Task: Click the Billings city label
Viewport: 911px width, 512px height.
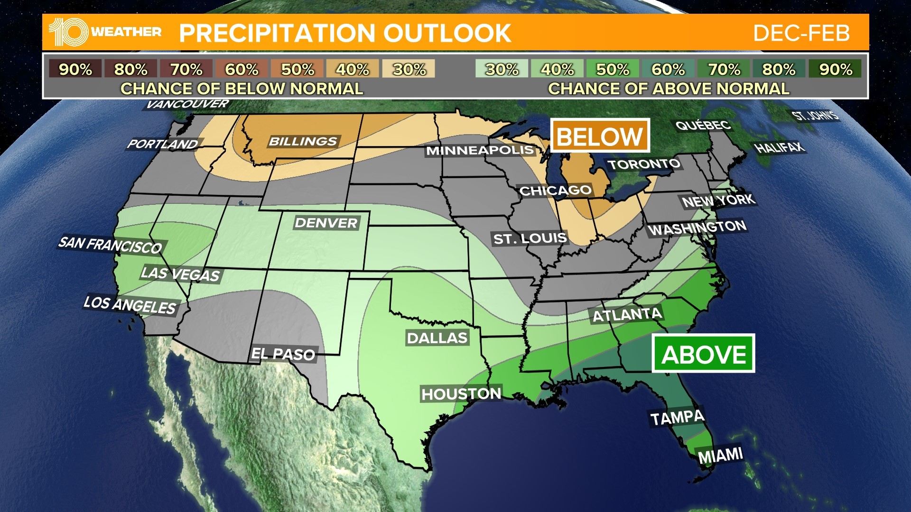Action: pos(303,141)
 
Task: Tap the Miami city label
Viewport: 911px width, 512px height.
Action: pos(720,456)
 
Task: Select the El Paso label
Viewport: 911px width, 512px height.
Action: pos(283,354)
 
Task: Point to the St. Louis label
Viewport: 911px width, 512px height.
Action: pos(530,238)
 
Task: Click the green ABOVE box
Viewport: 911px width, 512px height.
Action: pos(703,354)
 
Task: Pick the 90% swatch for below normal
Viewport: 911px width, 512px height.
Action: pos(75,69)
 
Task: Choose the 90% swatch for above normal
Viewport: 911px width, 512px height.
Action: pos(835,69)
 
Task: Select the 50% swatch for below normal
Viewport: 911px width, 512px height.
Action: pos(297,69)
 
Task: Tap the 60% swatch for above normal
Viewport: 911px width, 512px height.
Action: pos(668,69)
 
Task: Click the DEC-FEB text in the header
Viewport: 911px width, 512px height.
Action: pos(801,33)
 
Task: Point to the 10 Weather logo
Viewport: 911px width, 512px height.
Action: pos(105,32)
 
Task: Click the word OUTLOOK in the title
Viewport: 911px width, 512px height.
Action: pos(447,33)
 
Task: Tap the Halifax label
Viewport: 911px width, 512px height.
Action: pos(780,147)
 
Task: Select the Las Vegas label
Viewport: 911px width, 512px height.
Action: pos(180,274)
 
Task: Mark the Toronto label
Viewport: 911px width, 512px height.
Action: pos(644,164)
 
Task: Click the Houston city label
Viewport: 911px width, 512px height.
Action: pos(461,393)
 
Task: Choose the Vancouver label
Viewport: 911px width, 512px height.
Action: pos(187,104)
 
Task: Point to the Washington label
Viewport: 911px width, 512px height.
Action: pos(697,228)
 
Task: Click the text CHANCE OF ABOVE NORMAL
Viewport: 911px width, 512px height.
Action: pos(669,89)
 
